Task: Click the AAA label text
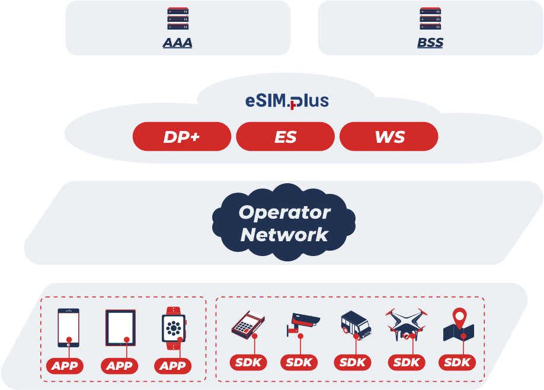[178, 43]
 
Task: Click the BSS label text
[430, 43]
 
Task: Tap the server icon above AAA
[178, 18]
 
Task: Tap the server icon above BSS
[430, 18]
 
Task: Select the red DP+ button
[181, 137]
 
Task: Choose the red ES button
[285, 137]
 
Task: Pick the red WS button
[389, 137]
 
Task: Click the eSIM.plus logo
[287, 101]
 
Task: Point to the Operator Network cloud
[284, 223]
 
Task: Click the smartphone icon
[68, 327]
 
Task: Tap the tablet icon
[120, 327]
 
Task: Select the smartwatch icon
[174, 327]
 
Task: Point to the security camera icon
[303, 324]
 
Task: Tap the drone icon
[406, 324]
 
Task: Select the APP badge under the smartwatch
[173, 366]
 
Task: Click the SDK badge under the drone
[406, 362]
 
